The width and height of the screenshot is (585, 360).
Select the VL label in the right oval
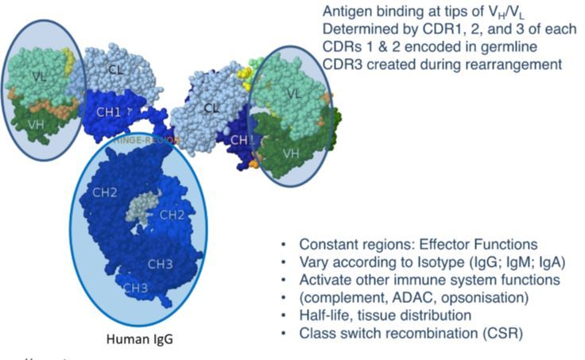[293, 93]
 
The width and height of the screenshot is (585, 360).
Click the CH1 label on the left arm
[109, 112]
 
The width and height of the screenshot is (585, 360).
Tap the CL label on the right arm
[211, 109]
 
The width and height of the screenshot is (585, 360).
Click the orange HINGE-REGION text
[148, 140]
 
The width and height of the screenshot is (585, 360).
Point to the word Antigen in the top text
[347, 12]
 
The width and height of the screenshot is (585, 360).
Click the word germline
[502, 47]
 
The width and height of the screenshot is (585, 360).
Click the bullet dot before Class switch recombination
[284, 334]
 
